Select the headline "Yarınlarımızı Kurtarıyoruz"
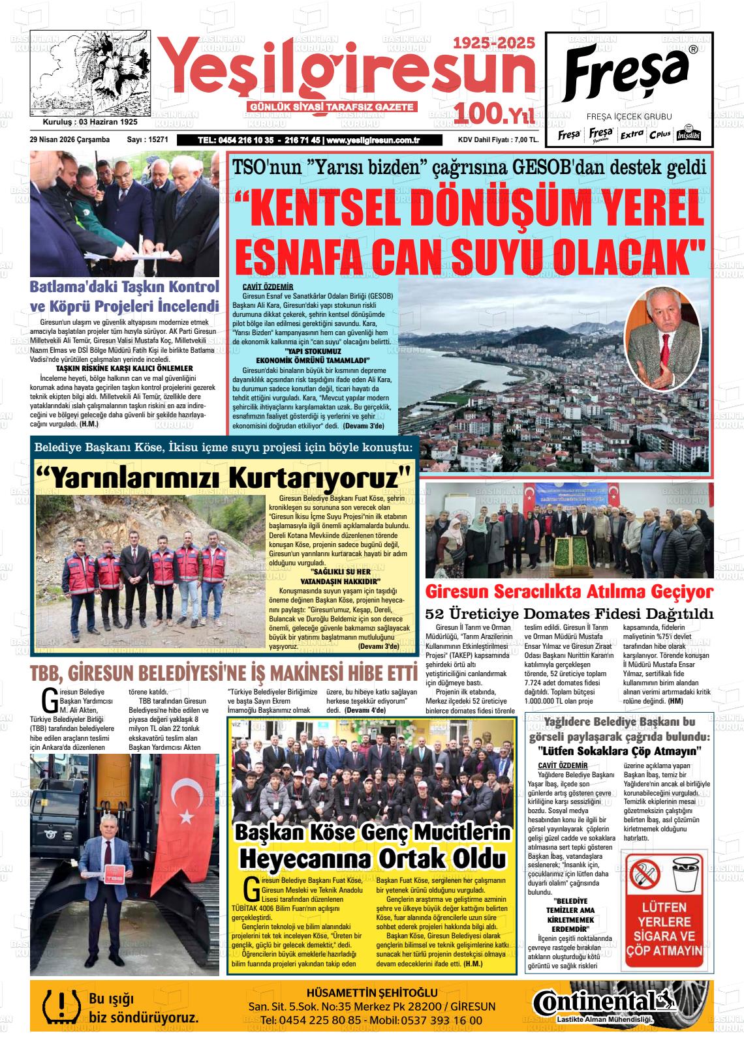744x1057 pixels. click(x=224, y=477)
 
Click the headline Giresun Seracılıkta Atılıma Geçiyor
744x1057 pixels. click(x=569, y=592)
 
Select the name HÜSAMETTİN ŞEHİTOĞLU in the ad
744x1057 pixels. click(x=375, y=992)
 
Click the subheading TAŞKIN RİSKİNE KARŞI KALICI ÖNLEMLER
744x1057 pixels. click(x=124, y=368)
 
